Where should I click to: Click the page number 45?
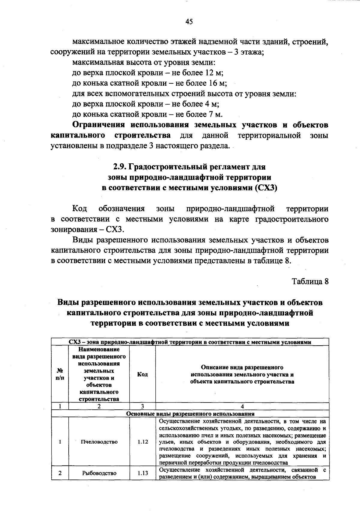click(x=189, y=22)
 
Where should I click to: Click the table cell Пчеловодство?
click(x=99, y=442)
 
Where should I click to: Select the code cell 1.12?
click(x=143, y=442)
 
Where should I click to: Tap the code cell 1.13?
click(x=143, y=473)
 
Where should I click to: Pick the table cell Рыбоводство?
click(x=99, y=473)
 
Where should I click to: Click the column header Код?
click(x=142, y=374)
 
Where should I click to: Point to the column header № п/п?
click(x=60, y=374)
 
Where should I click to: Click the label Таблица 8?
click(x=310, y=281)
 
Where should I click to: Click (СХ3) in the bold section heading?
click(x=265, y=188)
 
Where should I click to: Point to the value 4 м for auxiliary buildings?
click(x=212, y=104)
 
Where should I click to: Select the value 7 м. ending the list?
click(x=214, y=114)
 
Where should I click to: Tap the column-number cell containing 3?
click(x=142, y=406)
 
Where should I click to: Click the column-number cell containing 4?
click(x=242, y=406)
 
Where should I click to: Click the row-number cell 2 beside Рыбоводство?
click(x=60, y=473)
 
